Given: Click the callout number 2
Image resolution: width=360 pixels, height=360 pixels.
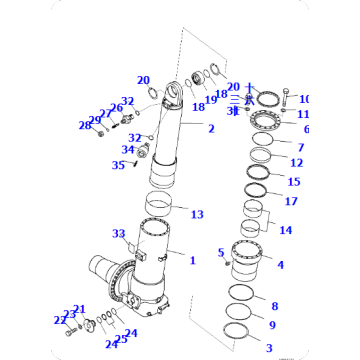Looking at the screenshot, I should pyautogui.click(x=211, y=129).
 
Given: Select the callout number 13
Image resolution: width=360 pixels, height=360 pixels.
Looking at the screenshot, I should pyautogui.click(x=198, y=214).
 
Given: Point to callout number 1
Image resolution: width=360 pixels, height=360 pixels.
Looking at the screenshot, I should pyautogui.click(x=192, y=260).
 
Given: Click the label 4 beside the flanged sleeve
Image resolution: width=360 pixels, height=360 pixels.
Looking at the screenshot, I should pyautogui.click(x=280, y=265).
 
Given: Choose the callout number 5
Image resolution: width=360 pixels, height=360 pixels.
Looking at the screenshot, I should pyautogui.click(x=222, y=253).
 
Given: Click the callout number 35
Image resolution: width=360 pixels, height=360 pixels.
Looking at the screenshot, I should pyautogui.click(x=118, y=165).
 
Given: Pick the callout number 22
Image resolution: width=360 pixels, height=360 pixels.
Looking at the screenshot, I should pyautogui.click(x=60, y=320).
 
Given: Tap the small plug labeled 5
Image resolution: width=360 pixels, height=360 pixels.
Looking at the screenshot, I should pyautogui.click(x=229, y=261).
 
